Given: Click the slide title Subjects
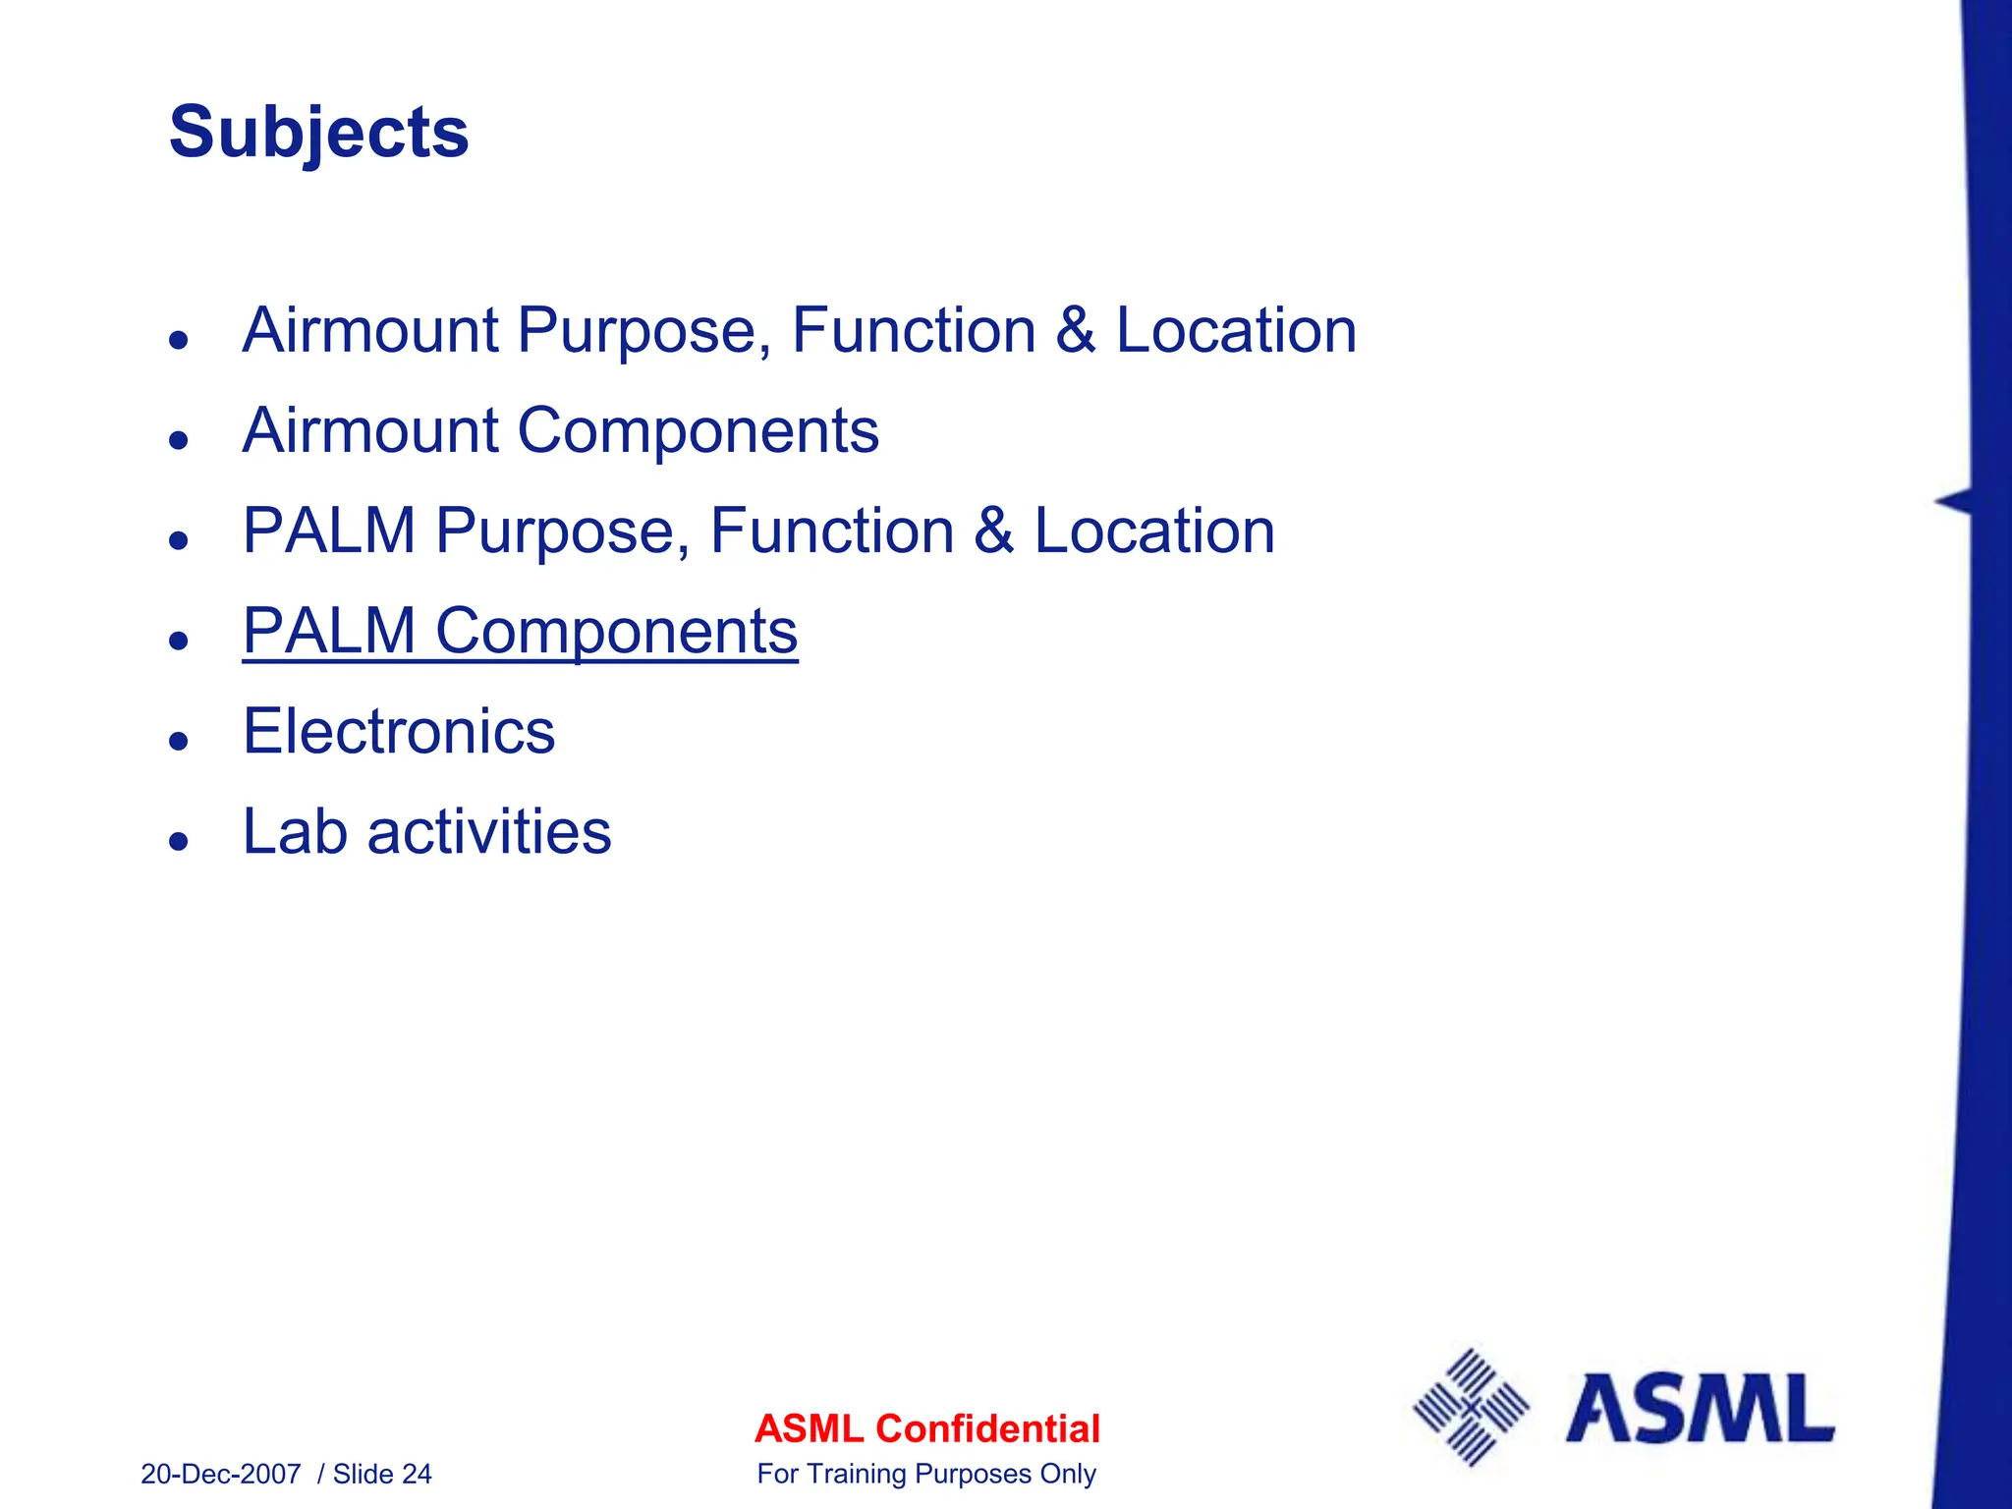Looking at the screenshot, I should pyautogui.click(x=318, y=133).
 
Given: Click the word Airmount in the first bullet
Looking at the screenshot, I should pyautogui.click(x=370, y=330).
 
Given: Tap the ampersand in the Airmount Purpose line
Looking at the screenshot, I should pyautogui.click(x=1075, y=330).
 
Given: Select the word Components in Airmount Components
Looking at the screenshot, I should pyautogui.click(x=698, y=431).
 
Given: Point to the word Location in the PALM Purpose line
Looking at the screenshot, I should pyautogui.click(x=1154, y=531).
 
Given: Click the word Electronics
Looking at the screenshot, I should pyautogui.click(x=399, y=732).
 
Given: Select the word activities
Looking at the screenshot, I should pyautogui.click(x=489, y=832).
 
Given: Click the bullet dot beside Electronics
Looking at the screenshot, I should pyautogui.click(x=178, y=741).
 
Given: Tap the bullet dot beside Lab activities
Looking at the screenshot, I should pyautogui.click(x=178, y=841).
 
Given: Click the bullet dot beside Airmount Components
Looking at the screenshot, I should pyautogui.click(x=178, y=439).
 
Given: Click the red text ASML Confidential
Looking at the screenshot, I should pyautogui.click(x=926, y=1428).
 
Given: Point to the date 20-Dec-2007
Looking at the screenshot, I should pyautogui.click(x=221, y=1475).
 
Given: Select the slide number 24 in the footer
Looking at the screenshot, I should pyautogui.click(x=417, y=1475).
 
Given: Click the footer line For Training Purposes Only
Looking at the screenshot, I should pyautogui.click(x=926, y=1475).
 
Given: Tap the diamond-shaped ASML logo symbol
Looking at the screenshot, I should pyautogui.click(x=1471, y=1407).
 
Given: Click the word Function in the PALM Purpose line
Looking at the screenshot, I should pyautogui.click(x=832, y=531).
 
